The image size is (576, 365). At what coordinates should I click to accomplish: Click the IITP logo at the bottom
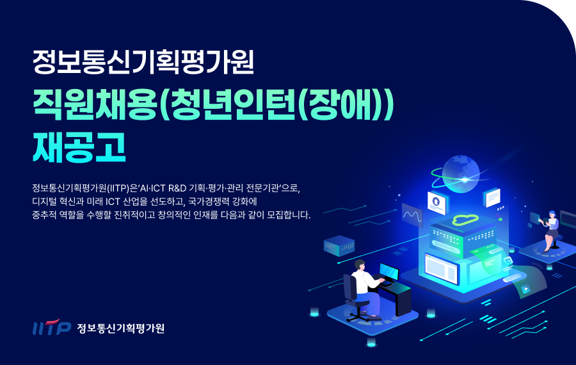click(x=51, y=327)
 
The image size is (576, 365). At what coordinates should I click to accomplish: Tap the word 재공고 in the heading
click(x=79, y=147)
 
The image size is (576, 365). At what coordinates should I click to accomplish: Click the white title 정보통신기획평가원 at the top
click(x=143, y=61)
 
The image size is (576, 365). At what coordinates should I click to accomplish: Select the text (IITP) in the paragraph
click(x=118, y=188)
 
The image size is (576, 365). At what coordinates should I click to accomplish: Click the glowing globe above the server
click(x=461, y=174)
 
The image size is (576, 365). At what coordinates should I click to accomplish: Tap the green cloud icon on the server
click(x=465, y=220)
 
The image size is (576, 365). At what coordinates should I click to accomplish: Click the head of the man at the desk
click(x=360, y=265)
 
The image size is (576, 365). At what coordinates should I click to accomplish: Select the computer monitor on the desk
click(x=389, y=272)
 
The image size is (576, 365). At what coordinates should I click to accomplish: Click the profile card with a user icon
click(x=436, y=202)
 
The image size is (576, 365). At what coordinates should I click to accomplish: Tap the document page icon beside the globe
click(x=493, y=197)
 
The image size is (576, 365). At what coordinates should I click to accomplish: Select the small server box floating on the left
click(x=339, y=245)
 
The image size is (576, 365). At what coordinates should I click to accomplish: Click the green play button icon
click(x=525, y=289)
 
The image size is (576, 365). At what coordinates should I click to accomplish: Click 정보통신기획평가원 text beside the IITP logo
click(x=120, y=328)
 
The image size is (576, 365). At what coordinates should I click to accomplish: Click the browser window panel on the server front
click(x=441, y=268)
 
